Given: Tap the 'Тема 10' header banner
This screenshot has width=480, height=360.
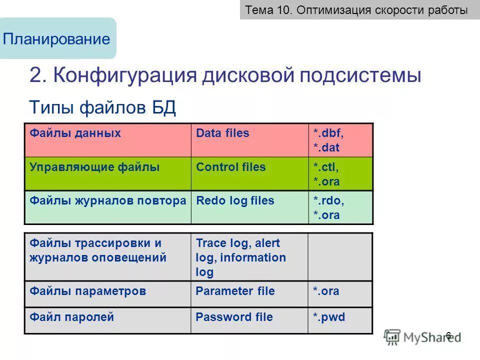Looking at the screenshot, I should [357, 10].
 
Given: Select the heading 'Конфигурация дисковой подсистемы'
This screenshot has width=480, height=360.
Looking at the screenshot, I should [225, 75].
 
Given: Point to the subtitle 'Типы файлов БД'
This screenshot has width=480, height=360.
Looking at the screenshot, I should [102, 107].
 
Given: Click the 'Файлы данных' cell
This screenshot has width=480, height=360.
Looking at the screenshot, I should [107, 140].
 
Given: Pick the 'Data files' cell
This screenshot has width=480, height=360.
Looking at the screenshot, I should [249, 140].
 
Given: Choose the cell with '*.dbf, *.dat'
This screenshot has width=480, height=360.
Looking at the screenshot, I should [340, 140].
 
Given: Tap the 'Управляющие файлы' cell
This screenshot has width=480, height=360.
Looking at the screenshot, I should [107, 173].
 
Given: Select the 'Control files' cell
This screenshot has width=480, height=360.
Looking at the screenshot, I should [249, 173].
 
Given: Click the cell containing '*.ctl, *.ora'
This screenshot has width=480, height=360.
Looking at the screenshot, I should [340, 174].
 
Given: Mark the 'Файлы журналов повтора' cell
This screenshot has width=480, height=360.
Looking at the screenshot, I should [107, 207].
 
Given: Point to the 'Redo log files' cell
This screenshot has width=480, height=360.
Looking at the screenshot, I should [249, 207].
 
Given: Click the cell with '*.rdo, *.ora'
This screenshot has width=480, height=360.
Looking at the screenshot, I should [340, 207].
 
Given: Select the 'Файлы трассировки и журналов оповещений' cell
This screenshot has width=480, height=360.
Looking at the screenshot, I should [107, 257].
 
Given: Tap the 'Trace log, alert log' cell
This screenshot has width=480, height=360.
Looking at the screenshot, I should [249, 257].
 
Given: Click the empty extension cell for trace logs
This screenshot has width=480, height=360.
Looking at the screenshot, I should [340, 257].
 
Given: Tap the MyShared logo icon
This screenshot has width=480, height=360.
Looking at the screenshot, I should [392, 336].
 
